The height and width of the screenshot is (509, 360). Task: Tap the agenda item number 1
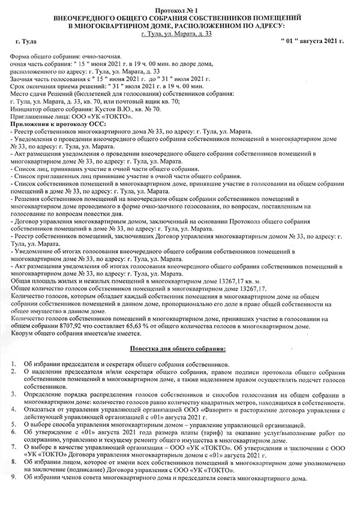point(13,364)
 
